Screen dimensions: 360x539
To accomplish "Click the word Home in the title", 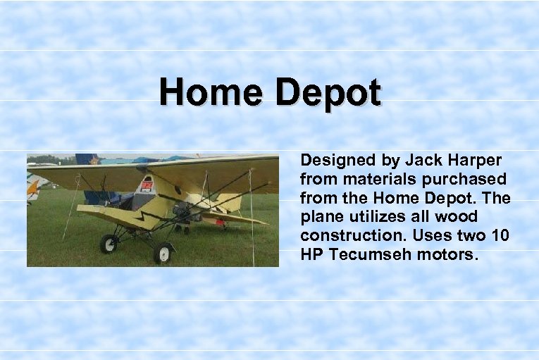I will point(210,92).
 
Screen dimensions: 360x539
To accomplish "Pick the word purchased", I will point(468,180).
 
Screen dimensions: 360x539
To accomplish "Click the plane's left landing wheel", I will point(109,243).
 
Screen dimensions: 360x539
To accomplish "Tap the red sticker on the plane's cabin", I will point(147,186).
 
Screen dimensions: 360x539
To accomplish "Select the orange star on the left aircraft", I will point(32,187).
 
